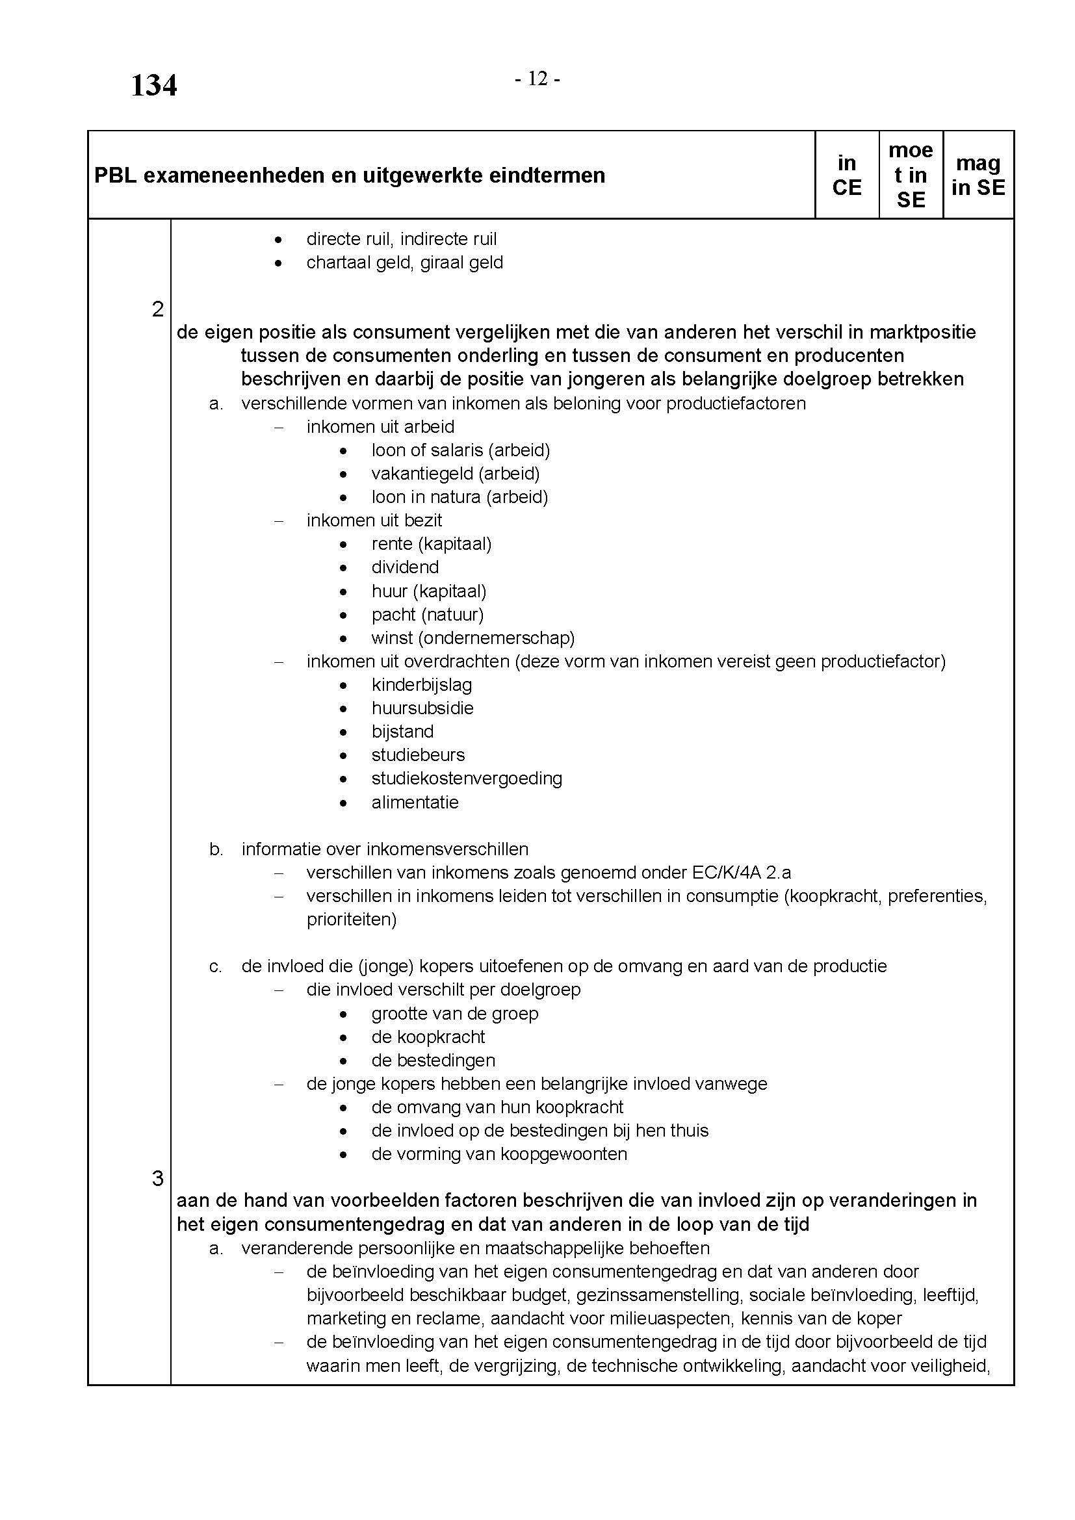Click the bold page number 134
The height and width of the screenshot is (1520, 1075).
pyautogui.click(x=153, y=86)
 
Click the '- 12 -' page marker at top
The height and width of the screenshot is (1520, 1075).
pyautogui.click(x=537, y=79)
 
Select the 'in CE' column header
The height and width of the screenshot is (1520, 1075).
pyautogui.click(x=847, y=175)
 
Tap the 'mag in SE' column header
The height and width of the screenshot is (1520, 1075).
pyautogui.click(x=978, y=175)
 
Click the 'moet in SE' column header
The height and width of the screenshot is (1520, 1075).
pyautogui.click(x=910, y=175)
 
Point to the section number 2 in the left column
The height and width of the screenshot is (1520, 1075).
pyautogui.click(x=157, y=309)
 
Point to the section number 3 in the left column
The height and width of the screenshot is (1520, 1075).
pyautogui.click(x=157, y=1178)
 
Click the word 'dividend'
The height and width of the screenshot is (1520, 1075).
pyautogui.click(x=404, y=567)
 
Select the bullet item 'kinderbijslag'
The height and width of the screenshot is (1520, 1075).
pyautogui.click(x=421, y=684)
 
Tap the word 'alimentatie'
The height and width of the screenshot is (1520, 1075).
pyautogui.click(x=415, y=803)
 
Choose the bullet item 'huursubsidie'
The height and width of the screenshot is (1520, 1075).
pyautogui.click(x=422, y=708)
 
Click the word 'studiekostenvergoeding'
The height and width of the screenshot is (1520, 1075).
pyautogui.click(x=467, y=779)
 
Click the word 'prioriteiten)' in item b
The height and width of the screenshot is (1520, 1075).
pyautogui.click(x=351, y=920)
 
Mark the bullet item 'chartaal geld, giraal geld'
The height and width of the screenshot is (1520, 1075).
pyautogui.click(x=404, y=263)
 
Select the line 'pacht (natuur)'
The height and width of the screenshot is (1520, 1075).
pyautogui.click(x=427, y=615)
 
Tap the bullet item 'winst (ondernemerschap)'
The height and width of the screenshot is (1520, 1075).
pyautogui.click(x=473, y=638)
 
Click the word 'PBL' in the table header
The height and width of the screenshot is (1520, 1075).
pyautogui.click(x=114, y=175)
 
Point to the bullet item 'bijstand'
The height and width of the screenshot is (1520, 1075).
pyautogui.click(x=402, y=732)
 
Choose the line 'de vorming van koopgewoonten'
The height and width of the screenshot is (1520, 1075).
pyautogui.click(x=499, y=1154)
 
